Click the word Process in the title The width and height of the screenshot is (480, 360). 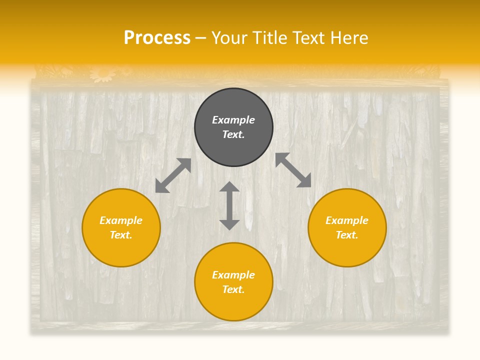[x=157, y=38]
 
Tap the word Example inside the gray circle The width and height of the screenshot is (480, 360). [x=233, y=120]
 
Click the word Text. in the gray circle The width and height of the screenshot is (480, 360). [x=233, y=134]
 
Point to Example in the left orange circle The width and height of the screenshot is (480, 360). [x=121, y=220]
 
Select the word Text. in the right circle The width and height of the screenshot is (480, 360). [x=347, y=235]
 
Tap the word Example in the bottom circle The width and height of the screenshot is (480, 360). [x=233, y=275]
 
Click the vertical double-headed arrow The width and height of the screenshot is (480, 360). [x=229, y=205]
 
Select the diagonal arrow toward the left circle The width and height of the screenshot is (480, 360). [x=173, y=175]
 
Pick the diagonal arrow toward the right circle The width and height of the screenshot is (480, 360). [x=293, y=170]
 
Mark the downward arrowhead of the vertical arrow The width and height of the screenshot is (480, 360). [x=229, y=223]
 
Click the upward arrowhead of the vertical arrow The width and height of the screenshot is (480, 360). [x=229, y=187]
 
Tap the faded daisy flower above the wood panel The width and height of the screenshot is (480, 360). [x=103, y=73]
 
